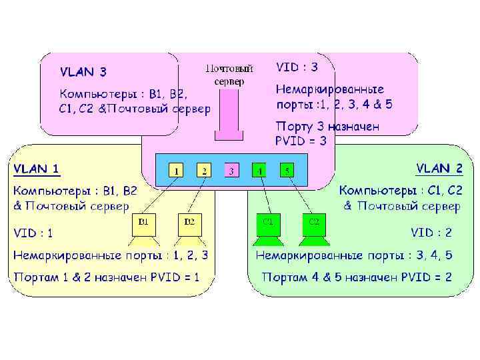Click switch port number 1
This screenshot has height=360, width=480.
point(176,171)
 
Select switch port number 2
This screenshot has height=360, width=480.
point(204,171)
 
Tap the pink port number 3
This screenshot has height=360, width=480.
point(231,171)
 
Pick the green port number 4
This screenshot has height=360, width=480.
point(259,171)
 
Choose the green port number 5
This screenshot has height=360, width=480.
point(287,171)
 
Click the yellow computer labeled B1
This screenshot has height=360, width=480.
point(143,225)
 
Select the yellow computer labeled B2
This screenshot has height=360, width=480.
point(189,225)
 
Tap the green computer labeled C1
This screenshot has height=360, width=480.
point(267,225)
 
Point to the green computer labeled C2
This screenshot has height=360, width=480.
point(314,225)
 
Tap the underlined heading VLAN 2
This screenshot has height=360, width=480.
point(439,168)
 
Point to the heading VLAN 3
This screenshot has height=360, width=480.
point(83,71)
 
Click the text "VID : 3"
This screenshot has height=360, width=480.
point(297,67)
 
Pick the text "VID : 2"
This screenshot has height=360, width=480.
point(431,233)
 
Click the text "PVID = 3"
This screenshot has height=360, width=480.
point(301,141)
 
